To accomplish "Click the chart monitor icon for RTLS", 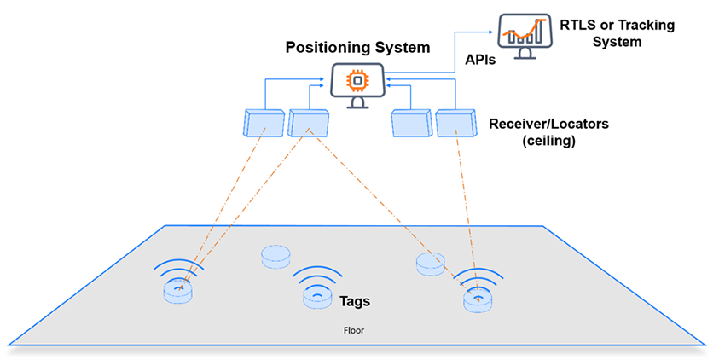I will tap(523, 34).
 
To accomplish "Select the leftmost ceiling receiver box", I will tap(264, 124).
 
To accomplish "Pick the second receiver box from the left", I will tap(307, 124).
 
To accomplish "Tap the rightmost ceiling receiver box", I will tap(455, 124).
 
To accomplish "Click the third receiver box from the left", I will tap(410, 124).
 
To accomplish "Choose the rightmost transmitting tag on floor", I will tap(478, 299).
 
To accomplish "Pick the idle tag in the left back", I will tap(275, 255).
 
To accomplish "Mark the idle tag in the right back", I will tap(430, 264).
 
